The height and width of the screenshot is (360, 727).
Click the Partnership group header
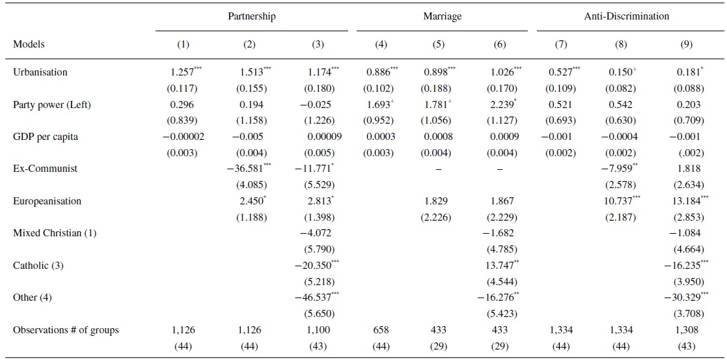tap(251, 16)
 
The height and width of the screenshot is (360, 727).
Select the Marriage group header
tap(441, 16)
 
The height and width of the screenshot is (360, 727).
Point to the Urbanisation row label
tap(40, 72)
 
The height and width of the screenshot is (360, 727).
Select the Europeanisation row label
tap(48, 201)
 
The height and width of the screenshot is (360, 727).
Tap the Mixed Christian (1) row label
tap(55, 233)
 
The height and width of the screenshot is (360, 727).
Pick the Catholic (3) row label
tap(38, 266)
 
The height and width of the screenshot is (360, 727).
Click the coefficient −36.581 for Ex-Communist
tap(247, 169)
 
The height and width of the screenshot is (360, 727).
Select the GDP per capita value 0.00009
tap(323, 137)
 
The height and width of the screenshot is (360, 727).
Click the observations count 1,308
tap(687, 330)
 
